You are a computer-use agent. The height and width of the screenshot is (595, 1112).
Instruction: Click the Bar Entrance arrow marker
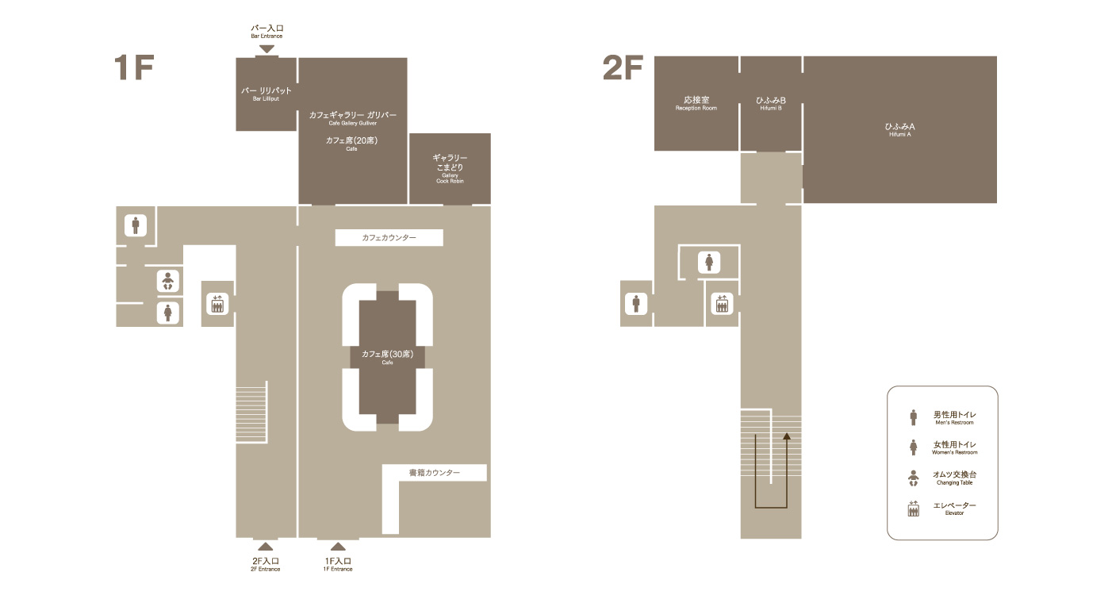pos(267,49)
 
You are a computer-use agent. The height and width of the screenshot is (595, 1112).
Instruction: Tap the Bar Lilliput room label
pos(266,94)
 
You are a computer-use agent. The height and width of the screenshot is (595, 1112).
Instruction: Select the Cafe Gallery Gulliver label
pos(352,118)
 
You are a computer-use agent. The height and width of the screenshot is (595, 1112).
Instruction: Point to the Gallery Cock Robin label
pos(450,169)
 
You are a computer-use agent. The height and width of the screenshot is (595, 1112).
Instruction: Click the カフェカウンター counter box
pos(389,237)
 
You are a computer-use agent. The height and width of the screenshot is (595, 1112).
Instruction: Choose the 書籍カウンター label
pos(435,473)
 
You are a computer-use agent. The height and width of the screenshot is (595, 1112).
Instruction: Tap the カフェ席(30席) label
pos(387,356)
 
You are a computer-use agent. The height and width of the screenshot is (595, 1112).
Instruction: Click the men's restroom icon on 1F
pos(136,225)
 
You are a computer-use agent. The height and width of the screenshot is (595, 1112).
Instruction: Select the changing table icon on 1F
pos(168,281)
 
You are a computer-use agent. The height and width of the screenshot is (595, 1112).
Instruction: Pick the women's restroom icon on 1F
pos(168,313)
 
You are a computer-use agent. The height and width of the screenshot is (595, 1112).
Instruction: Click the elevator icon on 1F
pos(217,304)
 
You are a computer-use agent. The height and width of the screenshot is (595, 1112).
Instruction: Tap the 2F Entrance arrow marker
pos(266,547)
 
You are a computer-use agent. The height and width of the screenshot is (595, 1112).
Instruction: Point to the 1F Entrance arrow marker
pos(338,547)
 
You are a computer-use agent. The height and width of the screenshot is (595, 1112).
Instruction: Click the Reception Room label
pos(696,103)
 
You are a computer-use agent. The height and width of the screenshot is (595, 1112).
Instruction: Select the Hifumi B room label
pos(770,103)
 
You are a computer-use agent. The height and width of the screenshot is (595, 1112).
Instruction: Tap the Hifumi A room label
pos(899,129)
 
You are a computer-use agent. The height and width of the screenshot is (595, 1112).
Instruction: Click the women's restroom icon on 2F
pos(709,263)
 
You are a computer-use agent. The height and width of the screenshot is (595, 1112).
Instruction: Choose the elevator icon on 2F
pos(722,304)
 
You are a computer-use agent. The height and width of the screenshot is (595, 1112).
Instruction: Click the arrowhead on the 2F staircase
pos(786,436)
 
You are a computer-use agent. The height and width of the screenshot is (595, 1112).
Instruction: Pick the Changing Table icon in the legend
pos(913,478)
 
